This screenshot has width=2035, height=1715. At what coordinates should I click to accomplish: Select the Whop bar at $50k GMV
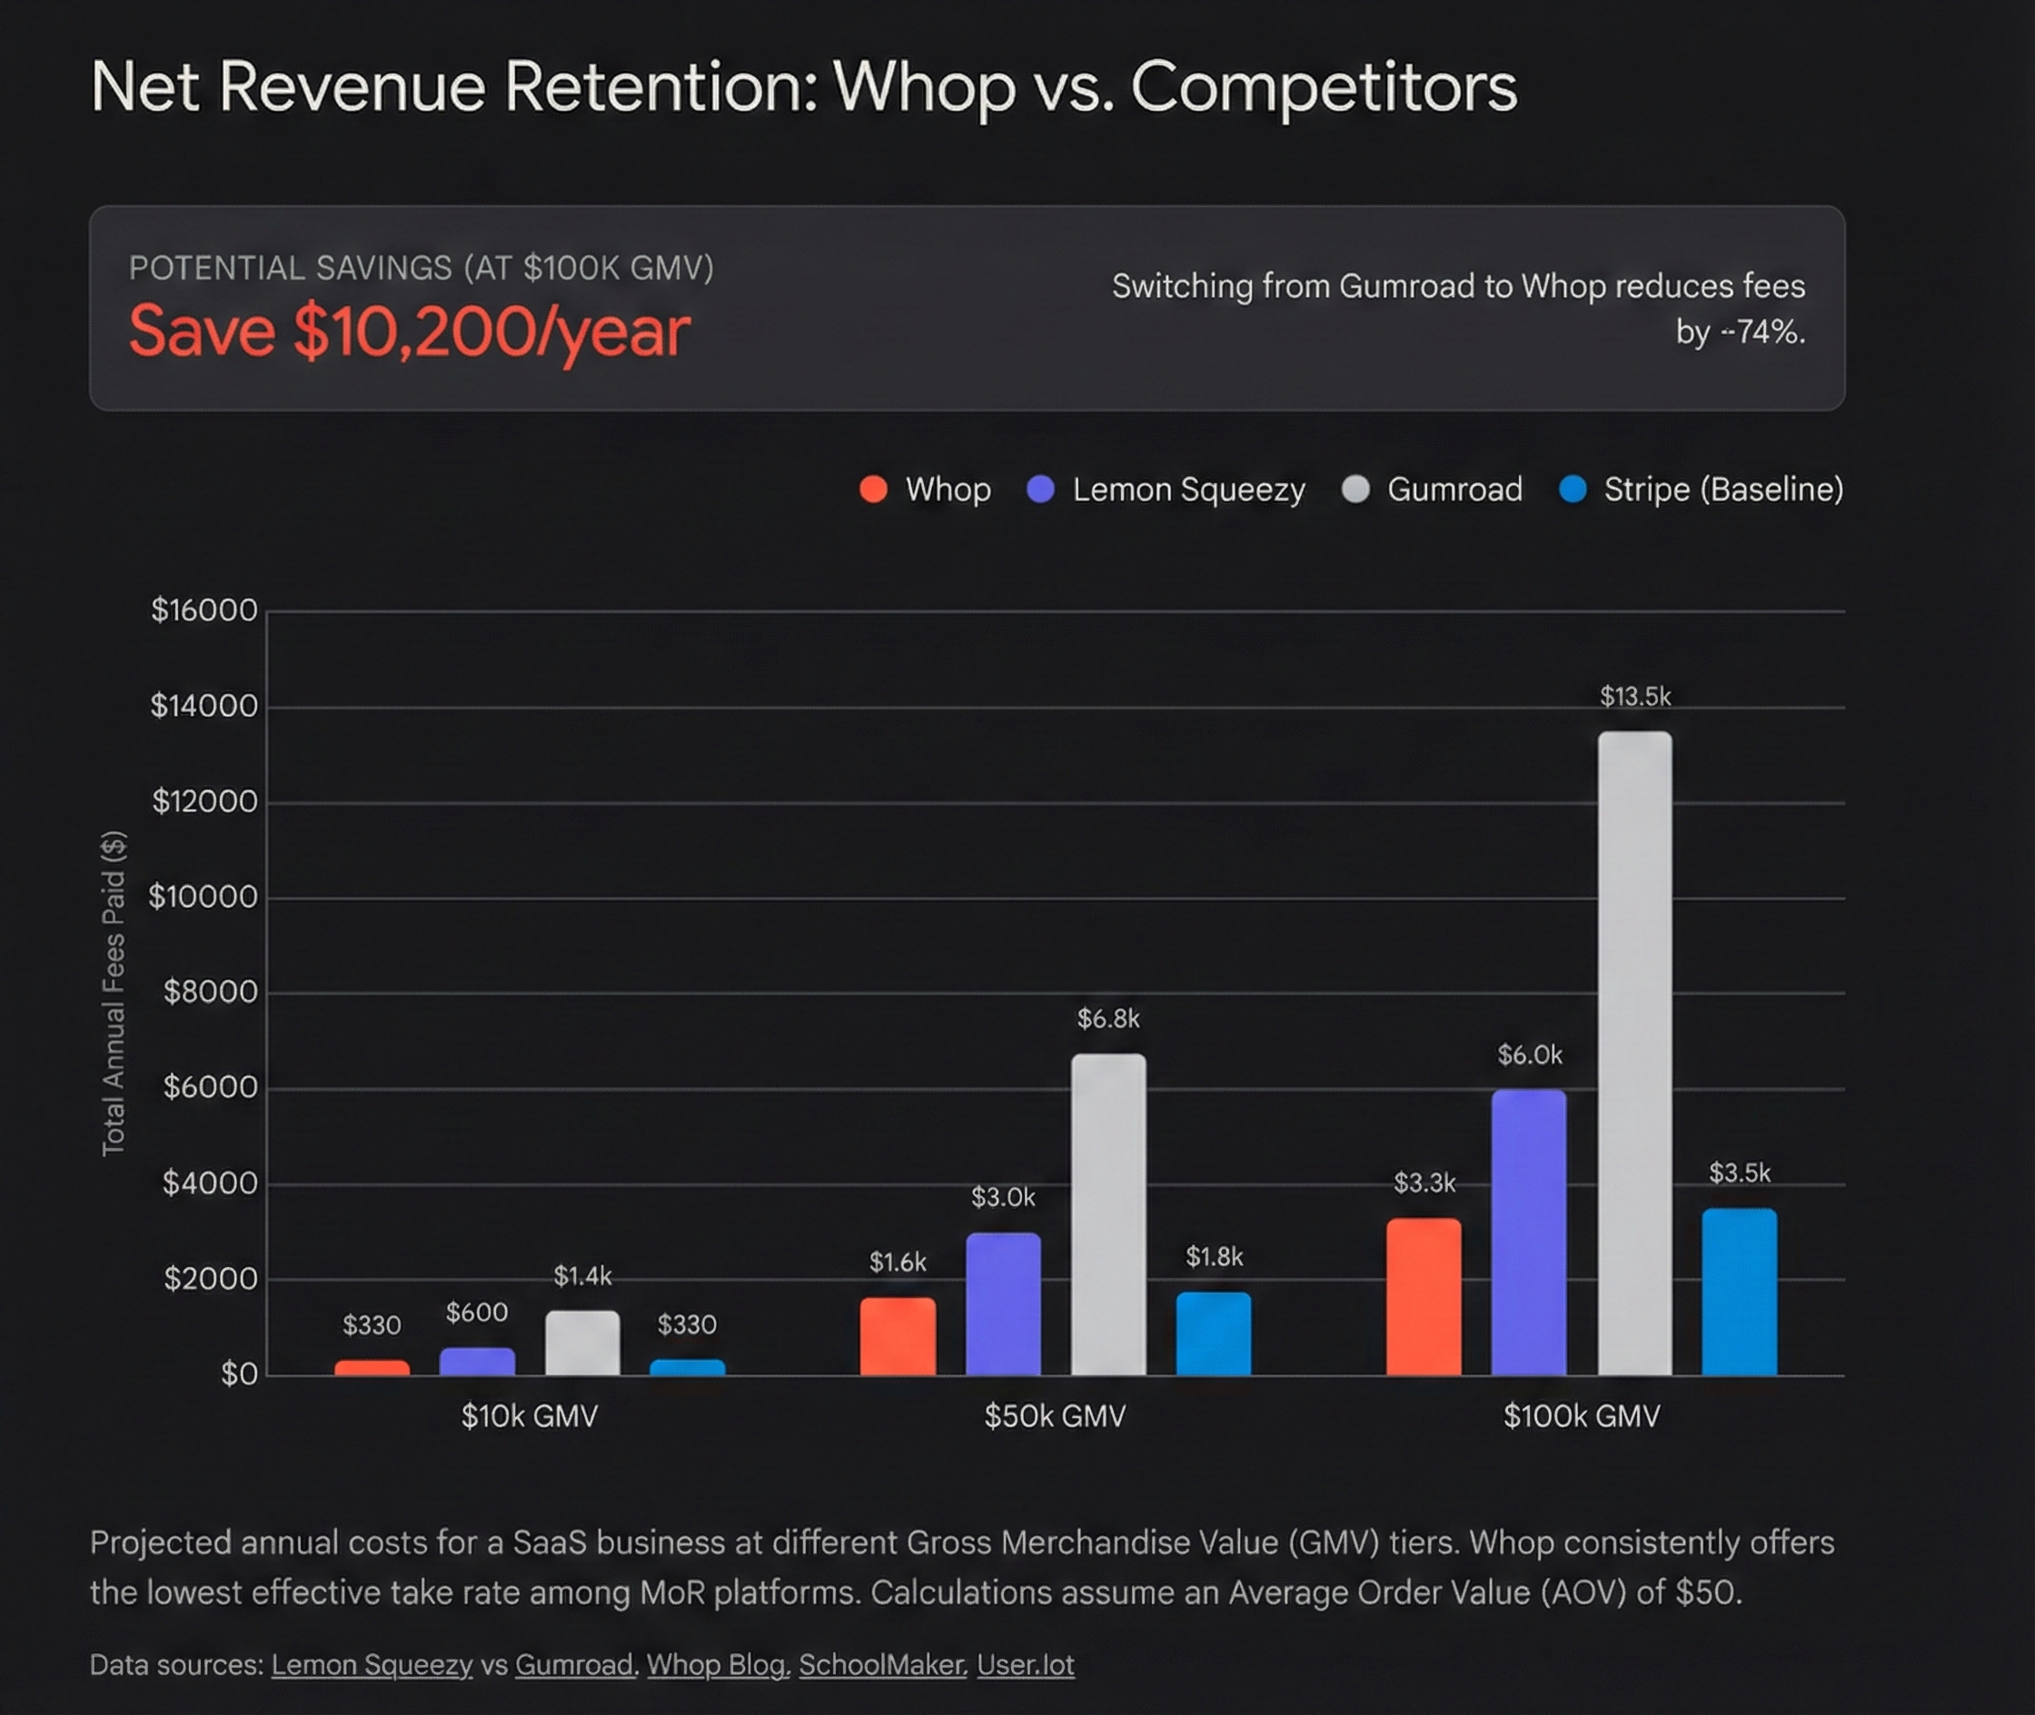[x=898, y=1336]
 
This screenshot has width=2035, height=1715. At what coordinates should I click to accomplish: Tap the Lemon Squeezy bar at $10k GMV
[x=476, y=1361]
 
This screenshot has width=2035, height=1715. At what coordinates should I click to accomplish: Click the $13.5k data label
[x=1634, y=696]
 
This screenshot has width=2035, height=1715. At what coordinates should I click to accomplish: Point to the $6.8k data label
[x=1107, y=1018]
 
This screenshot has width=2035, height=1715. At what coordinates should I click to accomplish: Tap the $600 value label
[x=476, y=1313]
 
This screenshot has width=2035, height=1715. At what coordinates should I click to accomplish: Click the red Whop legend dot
[x=873, y=489]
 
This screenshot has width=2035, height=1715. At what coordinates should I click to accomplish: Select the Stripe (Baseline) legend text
[x=1722, y=489]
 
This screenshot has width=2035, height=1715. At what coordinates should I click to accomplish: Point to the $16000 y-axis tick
[x=204, y=610]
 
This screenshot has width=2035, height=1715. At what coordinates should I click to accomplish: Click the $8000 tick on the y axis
[x=210, y=992]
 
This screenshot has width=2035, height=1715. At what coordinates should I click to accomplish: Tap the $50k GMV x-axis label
[x=1054, y=1415]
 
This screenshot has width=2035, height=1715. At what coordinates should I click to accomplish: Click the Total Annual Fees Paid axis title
[x=114, y=993]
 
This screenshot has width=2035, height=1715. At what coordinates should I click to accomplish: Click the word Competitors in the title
[x=1323, y=87]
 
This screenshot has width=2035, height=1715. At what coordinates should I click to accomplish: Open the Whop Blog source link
[x=717, y=1664]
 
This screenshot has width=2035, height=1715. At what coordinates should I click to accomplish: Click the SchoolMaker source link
[x=882, y=1664]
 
